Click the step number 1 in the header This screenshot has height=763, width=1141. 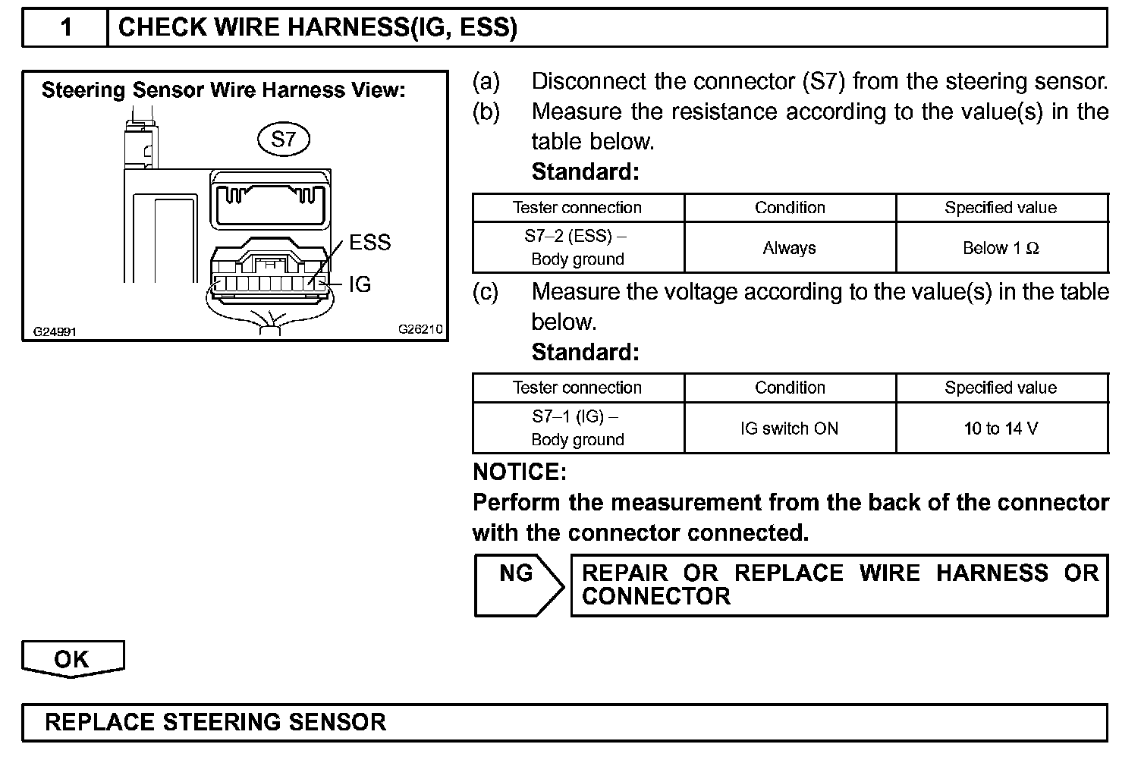coord(66,28)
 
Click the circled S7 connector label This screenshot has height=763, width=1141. coord(283,140)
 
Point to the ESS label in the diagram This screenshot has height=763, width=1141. coord(369,243)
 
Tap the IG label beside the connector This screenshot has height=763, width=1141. coord(360,284)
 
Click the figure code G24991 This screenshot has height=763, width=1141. coord(55,331)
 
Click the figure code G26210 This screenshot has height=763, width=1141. coord(420,330)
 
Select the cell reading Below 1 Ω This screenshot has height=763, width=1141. coord(1001,248)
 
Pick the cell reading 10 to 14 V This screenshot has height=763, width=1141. coord(1001,429)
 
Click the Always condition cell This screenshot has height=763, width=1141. coord(789,248)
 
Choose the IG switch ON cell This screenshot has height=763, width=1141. coord(789,429)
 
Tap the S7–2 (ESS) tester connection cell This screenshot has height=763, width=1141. coord(577,247)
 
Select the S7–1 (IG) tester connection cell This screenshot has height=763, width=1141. coord(577,428)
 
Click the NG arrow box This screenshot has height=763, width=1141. coord(518,584)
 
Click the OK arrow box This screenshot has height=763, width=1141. coord(72,658)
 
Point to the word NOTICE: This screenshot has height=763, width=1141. coord(520,473)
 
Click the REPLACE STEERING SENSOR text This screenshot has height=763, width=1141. coord(215,721)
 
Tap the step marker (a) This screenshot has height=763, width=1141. coord(486,82)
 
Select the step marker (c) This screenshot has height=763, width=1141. coord(486,292)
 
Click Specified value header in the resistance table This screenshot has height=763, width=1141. coord(1001,208)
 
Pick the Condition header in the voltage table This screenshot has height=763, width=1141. coord(789,388)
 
